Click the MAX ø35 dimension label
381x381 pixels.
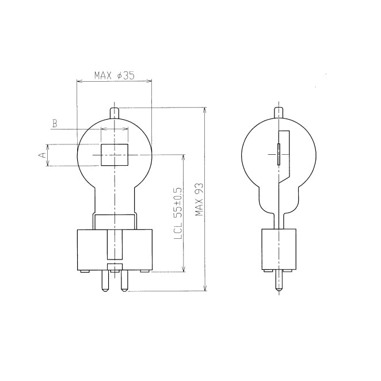pos(114,75)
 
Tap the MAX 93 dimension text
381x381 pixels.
pos(199,200)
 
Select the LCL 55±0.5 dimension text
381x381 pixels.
pos(178,213)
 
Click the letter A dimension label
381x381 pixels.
pos(43,155)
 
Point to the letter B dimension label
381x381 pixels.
pos(55,123)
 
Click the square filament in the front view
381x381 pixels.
pos(115,155)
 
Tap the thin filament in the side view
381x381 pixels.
pos(279,154)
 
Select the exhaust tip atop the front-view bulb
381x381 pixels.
pos(115,113)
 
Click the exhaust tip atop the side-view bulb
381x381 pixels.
pos(279,113)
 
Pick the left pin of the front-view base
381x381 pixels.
pos(105,281)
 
